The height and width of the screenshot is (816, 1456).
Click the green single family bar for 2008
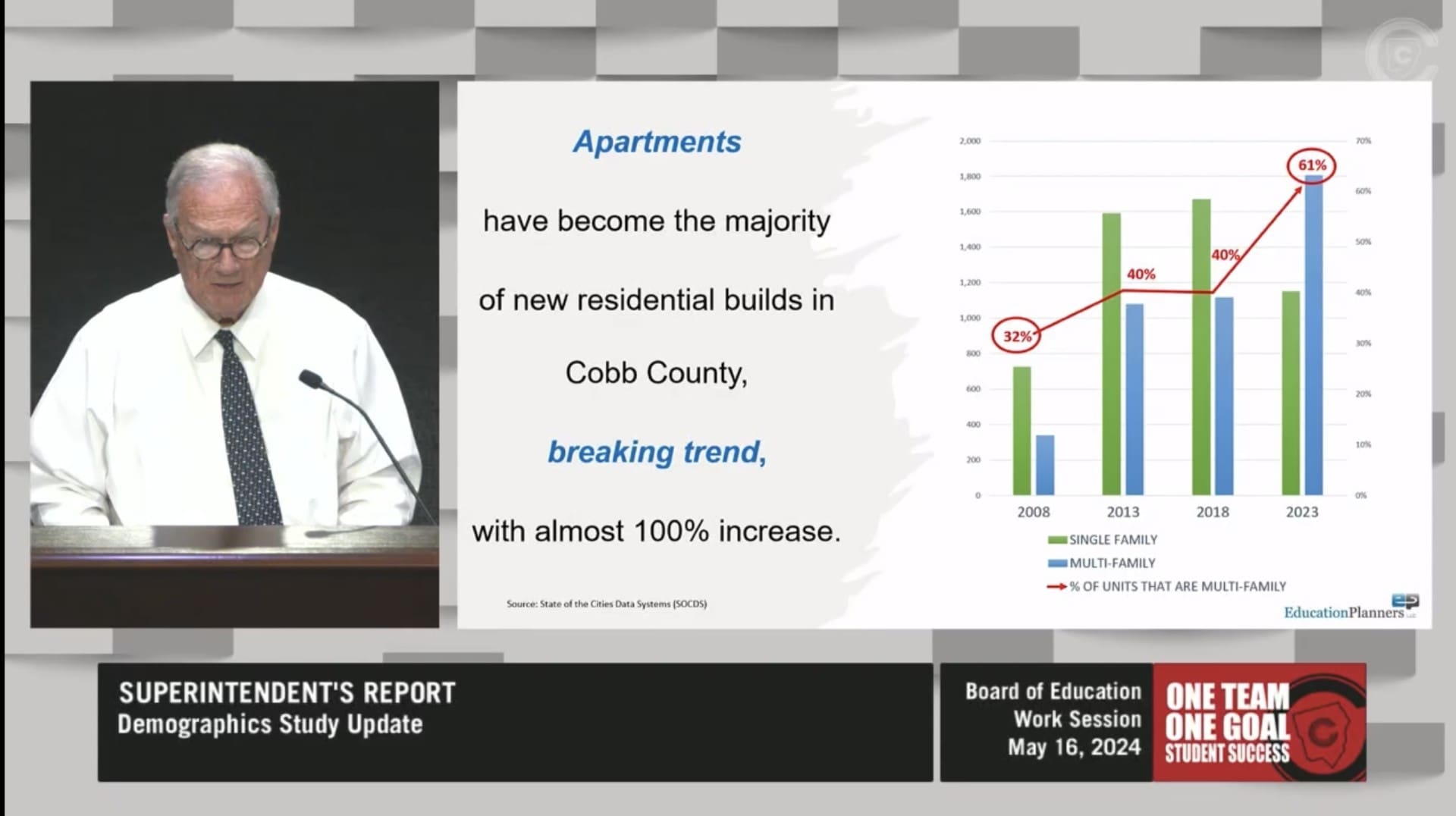[1021, 431]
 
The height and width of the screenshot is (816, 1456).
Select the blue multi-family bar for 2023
[1313, 335]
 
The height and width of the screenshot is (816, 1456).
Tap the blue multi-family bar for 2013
[1134, 400]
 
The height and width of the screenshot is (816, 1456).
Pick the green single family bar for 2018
[1201, 347]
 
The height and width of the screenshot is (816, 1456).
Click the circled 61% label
[1312, 165]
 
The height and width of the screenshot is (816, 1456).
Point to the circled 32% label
[1017, 336]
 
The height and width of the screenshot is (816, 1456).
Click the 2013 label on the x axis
[1123, 512]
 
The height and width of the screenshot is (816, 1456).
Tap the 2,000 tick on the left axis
[970, 141]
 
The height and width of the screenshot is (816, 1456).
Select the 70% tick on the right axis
[1363, 141]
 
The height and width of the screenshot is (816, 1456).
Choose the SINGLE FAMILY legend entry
[1103, 540]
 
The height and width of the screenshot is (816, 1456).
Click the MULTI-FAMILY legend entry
[1102, 563]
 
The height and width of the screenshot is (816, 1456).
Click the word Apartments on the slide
[657, 143]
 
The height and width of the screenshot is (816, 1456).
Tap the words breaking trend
[657, 452]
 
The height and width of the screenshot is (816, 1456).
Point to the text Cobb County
[655, 373]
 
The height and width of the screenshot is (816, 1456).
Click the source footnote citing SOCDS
[607, 604]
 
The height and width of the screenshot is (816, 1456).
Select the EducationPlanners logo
[1351, 608]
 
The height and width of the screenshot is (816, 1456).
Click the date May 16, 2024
[1074, 748]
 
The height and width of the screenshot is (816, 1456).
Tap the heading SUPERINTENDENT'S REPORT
[287, 693]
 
